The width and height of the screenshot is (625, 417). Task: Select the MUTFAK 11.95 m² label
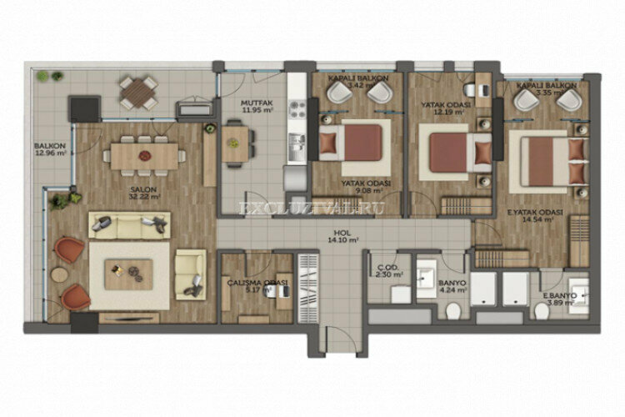click(x=234, y=105)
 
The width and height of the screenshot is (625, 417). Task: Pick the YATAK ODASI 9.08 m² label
click(x=367, y=187)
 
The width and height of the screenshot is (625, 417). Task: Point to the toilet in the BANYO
click(x=453, y=311)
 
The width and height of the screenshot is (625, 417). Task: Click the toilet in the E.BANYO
click(x=542, y=311)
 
